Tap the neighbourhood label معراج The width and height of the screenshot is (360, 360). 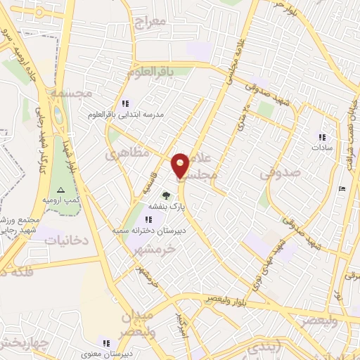click(148, 22)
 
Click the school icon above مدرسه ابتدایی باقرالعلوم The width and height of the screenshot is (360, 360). click(125, 103)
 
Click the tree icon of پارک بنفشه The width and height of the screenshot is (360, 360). click(166, 196)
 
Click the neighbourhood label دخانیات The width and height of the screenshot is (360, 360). click(66, 240)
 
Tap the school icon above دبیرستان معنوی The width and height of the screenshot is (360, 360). click(105, 342)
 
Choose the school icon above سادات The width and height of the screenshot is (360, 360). click(322, 137)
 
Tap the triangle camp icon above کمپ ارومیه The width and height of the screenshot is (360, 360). click(60, 191)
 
